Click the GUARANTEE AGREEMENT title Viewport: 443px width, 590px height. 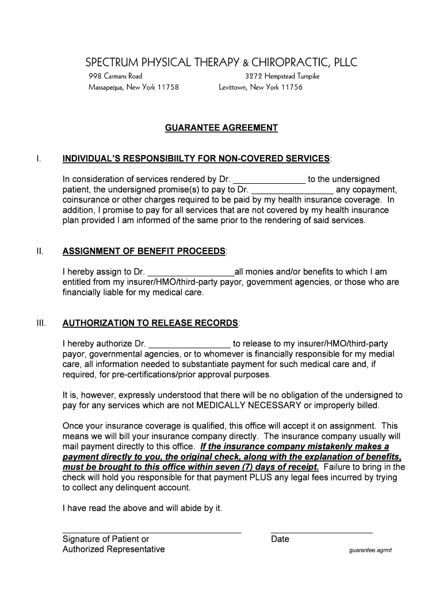(x=221, y=128)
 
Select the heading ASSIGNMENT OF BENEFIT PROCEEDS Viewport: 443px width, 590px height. (x=144, y=251)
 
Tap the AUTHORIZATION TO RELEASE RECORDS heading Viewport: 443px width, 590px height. (x=150, y=323)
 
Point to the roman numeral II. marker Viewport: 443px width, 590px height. (x=39, y=251)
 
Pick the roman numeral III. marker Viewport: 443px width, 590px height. (x=40, y=323)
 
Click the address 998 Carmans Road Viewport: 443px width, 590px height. (x=115, y=76)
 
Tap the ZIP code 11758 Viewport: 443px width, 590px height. (x=168, y=88)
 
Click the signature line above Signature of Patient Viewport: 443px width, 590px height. (x=151, y=532)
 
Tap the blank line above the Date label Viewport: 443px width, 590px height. (x=321, y=532)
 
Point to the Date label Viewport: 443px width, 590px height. (x=280, y=539)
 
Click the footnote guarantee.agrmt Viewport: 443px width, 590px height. (x=370, y=550)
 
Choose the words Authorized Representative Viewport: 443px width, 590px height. (x=113, y=550)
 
